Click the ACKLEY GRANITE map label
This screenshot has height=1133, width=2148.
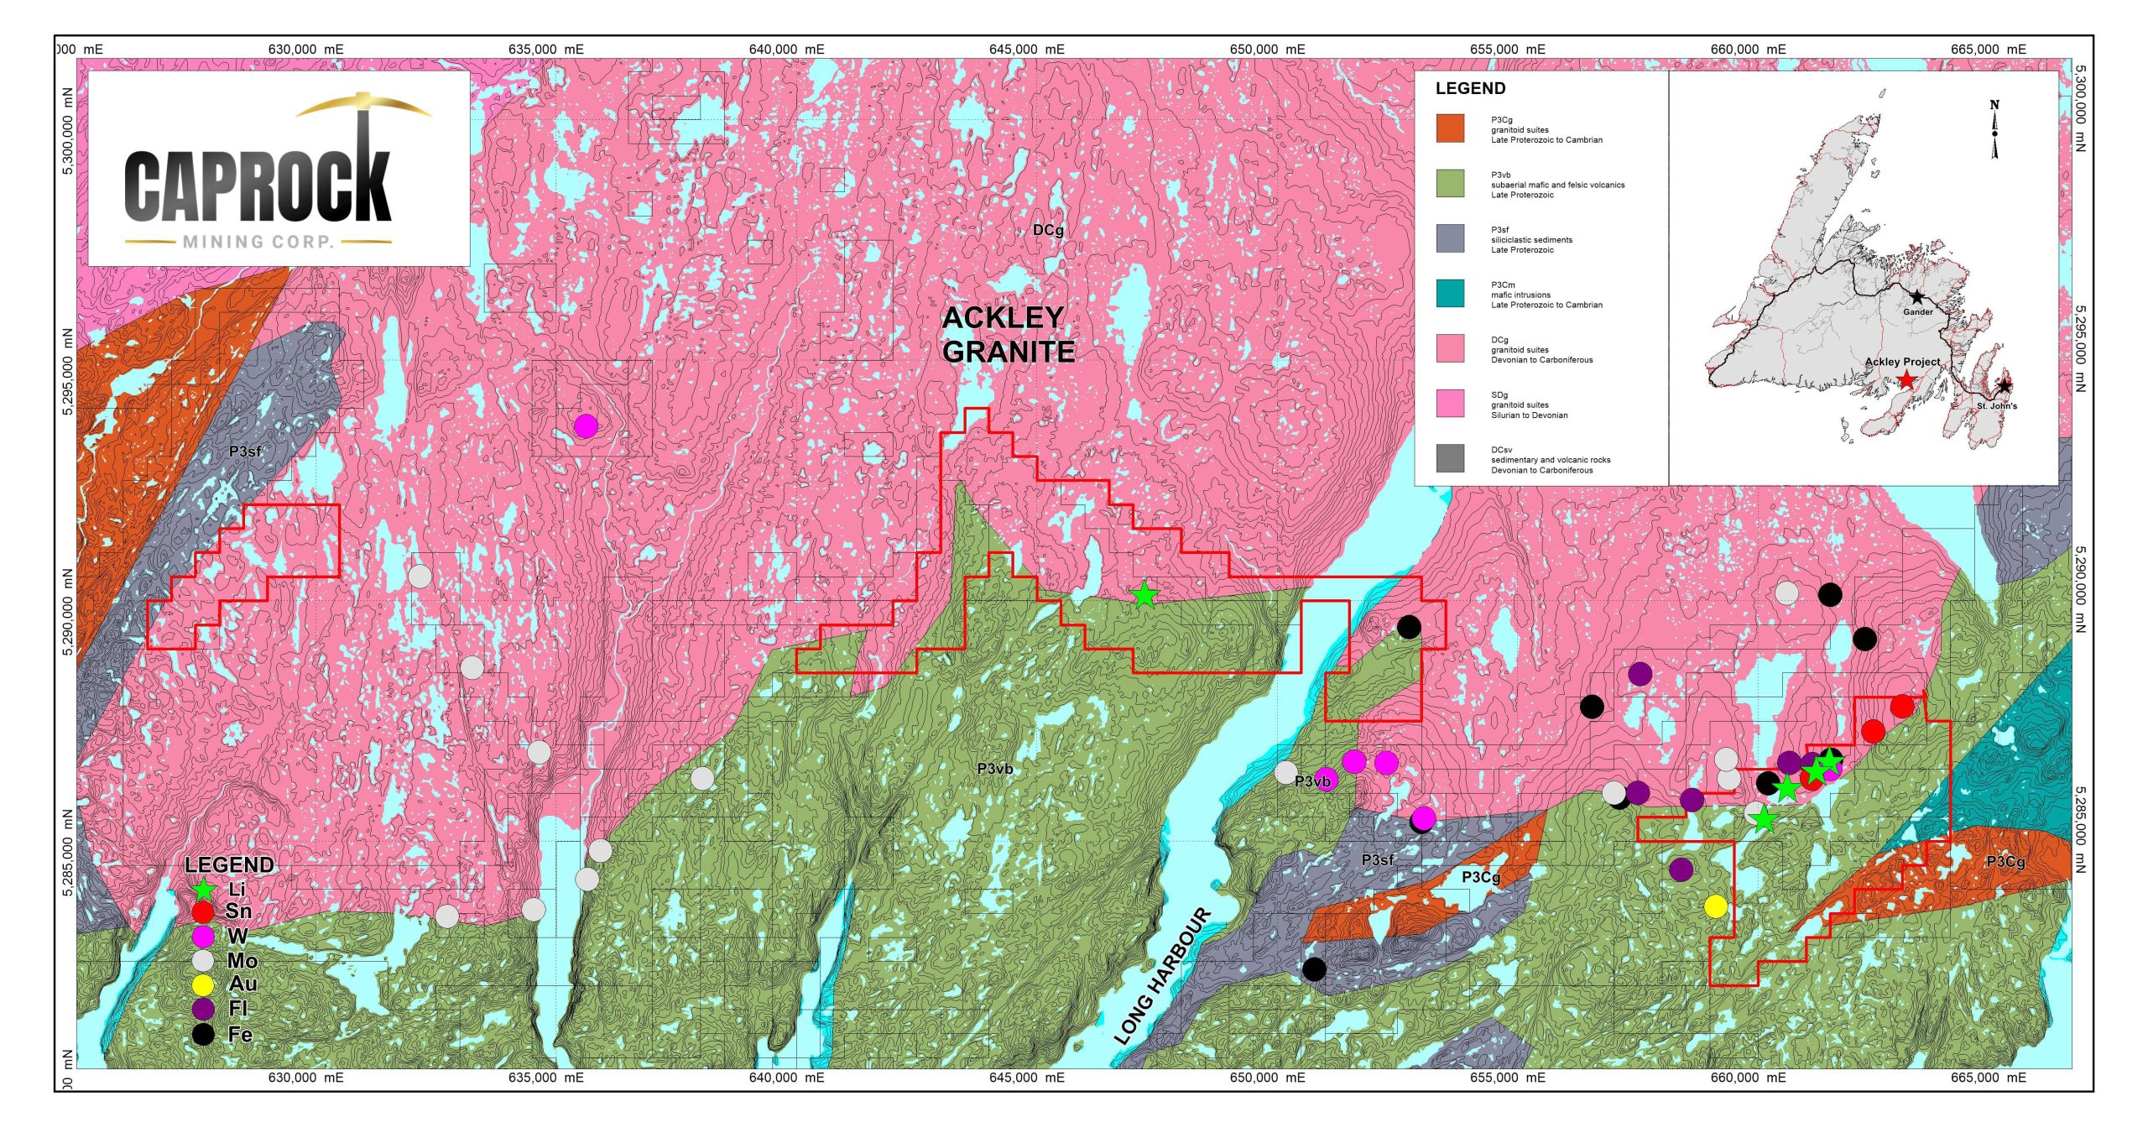pyautogui.click(x=1008, y=334)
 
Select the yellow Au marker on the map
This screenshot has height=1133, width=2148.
pyautogui.click(x=1716, y=906)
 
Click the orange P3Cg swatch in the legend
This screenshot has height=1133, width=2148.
pyautogui.click(x=1450, y=128)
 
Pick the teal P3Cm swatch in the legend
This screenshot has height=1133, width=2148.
pyautogui.click(x=1450, y=293)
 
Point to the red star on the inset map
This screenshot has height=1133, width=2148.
pyautogui.click(x=1906, y=380)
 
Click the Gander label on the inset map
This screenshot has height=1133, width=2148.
pyautogui.click(x=1917, y=311)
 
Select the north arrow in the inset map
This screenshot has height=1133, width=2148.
pyautogui.click(x=1994, y=130)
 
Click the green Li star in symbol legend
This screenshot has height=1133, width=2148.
pyautogui.click(x=203, y=889)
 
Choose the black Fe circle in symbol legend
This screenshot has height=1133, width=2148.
pyautogui.click(x=203, y=1034)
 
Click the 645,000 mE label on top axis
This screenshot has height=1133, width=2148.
pyautogui.click(x=1026, y=50)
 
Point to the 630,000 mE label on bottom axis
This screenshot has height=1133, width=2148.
pyautogui.click(x=305, y=1077)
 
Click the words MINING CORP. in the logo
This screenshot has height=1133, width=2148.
pyautogui.click(x=258, y=242)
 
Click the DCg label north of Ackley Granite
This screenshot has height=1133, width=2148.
pyautogui.click(x=1047, y=230)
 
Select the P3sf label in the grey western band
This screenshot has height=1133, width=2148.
pyautogui.click(x=245, y=452)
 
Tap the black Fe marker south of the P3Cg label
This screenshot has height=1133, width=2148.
pyautogui.click(x=1314, y=969)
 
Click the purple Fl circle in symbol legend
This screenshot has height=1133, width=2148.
pyautogui.click(x=203, y=1008)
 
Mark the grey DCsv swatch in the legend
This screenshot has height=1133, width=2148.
pyautogui.click(x=1450, y=458)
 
